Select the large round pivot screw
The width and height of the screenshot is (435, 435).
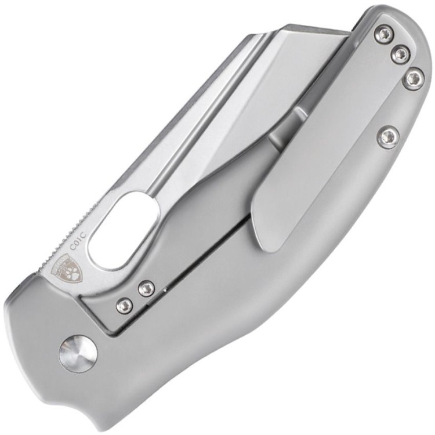(x=77, y=353)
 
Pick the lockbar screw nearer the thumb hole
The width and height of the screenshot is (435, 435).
(x=146, y=288)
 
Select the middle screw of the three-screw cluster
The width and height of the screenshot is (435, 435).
(x=400, y=55)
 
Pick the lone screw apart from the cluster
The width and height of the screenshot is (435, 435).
(x=389, y=137)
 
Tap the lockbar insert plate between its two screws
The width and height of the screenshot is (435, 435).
(x=134, y=295)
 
